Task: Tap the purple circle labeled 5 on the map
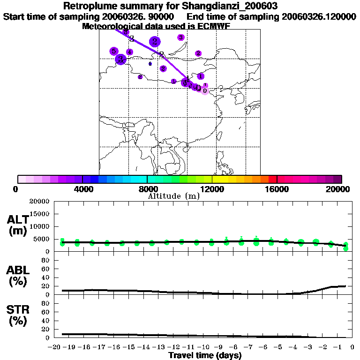pos(113,51)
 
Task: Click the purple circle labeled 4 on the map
pos(130,52)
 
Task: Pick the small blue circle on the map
pos(150,64)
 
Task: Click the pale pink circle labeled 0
pos(204,90)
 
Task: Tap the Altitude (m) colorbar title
pos(173,196)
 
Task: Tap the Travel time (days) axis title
pos(205,356)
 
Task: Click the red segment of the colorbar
pos(272,179)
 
